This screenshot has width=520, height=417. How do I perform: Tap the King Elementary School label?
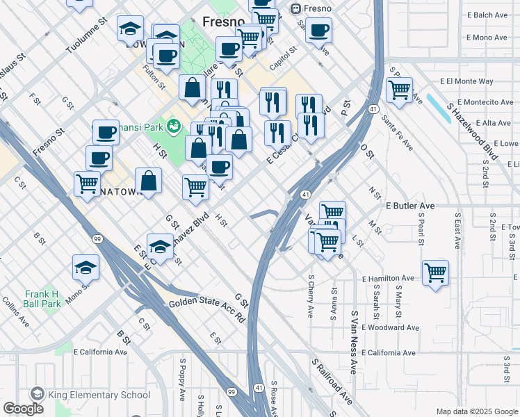coord(99,395)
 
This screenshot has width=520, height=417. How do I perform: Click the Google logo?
coord(23,409)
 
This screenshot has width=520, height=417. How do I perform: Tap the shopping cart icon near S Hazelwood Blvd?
coord(399,89)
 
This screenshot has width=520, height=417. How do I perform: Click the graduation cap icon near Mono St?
coord(86,266)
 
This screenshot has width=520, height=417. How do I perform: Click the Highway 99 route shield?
coord(98,239)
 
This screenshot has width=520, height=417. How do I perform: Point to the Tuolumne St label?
coord(86,35)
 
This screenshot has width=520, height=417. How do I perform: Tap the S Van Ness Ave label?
coord(354,343)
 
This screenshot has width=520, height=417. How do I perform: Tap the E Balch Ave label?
coord(491,15)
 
